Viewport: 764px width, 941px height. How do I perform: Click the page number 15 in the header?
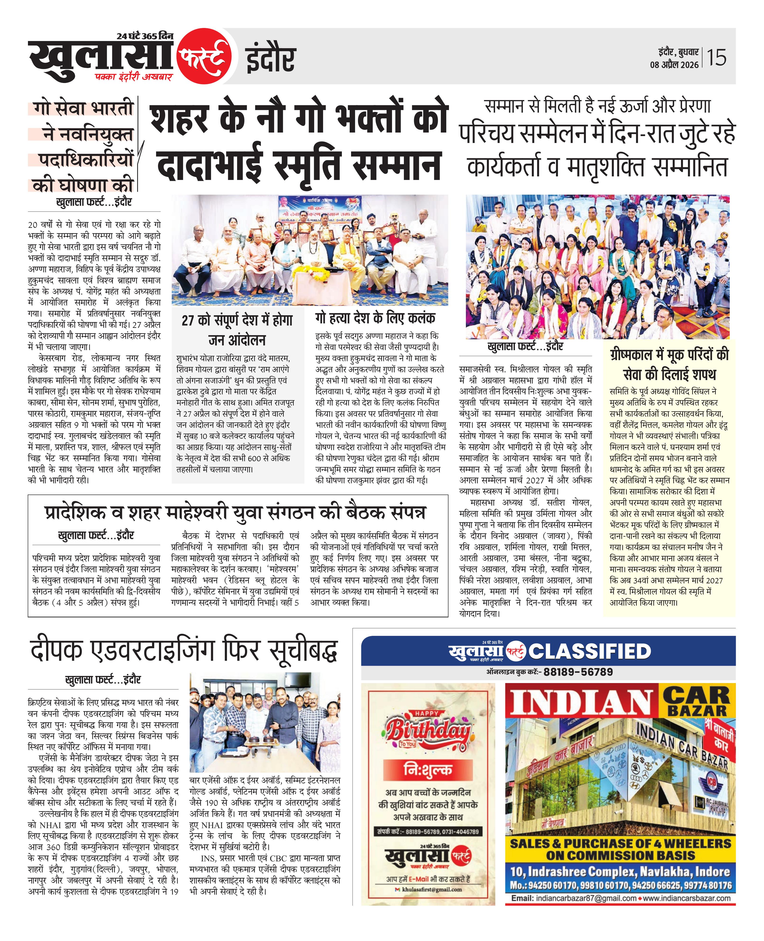click(716, 58)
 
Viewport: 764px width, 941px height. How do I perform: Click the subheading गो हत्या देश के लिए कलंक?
click(375, 318)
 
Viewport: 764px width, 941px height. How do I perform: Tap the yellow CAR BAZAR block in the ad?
click(697, 702)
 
